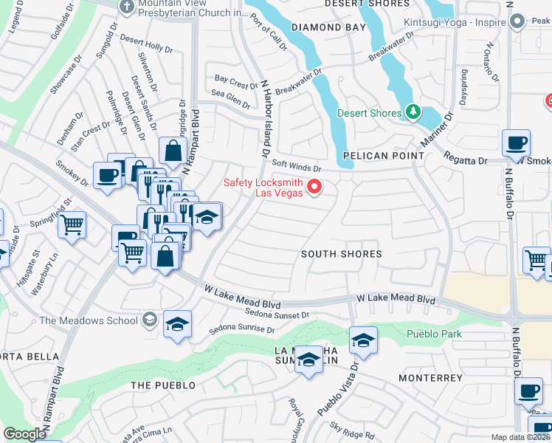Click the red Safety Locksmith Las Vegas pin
pyautogui.click(x=314, y=187)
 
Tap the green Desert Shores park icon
pyautogui.click(x=414, y=113)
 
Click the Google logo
pyautogui.click(x=24, y=434)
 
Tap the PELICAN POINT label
pyautogui.click(x=384, y=156)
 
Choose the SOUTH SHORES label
pyautogui.click(x=342, y=254)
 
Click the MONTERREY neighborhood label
pyautogui.click(x=430, y=378)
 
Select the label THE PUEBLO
pyautogui.click(x=163, y=385)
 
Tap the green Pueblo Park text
pyautogui.click(x=434, y=334)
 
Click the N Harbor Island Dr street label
pyautogui.click(x=262, y=118)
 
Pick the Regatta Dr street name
pyautogui.click(x=466, y=159)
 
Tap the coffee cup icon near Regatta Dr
pyautogui.click(x=516, y=142)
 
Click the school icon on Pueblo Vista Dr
pyautogui.click(x=363, y=340)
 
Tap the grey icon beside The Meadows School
pyautogui.click(x=150, y=320)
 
